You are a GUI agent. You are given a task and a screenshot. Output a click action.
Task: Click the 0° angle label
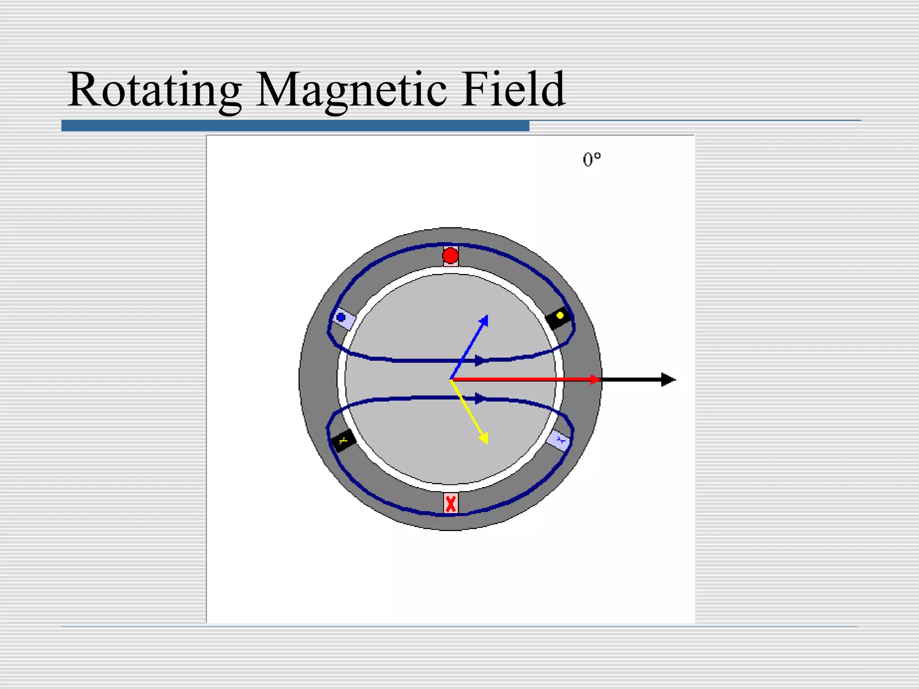click(x=591, y=160)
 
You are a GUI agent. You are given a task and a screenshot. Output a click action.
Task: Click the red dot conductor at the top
click(x=451, y=256)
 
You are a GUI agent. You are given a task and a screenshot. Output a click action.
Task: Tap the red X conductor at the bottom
click(x=451, y=503)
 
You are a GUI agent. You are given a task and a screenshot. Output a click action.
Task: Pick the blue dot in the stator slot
click(x=341, y=318)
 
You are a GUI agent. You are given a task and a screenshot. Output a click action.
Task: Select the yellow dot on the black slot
click(x=560, y=316)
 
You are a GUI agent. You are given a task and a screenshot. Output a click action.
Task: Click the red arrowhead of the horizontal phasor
click(x=595, y=379)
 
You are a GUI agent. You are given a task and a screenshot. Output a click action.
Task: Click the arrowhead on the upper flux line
click(x=481, y=360)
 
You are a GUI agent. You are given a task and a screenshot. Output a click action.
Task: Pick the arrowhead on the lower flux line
click(x=481, y=398)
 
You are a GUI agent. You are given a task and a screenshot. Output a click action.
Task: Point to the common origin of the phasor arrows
click(x=451, y=379)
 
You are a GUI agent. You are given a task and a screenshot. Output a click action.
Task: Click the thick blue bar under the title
click(x=295, y=126)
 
